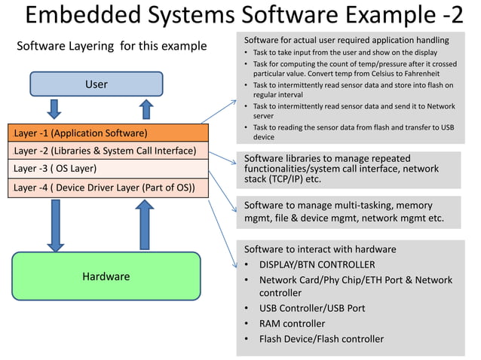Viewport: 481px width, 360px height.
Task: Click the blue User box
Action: (x=96, y=84)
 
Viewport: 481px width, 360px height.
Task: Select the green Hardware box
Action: (x=106, y=276)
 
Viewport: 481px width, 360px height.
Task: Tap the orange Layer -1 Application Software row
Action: (x=107, y=133)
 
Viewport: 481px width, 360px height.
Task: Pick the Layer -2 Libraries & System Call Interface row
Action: (x=107, y=151)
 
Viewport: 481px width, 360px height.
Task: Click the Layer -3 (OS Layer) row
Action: (x=107, y=169)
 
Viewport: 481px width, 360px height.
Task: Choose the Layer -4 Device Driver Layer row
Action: (x=107, y=187)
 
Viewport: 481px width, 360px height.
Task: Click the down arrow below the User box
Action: (x=54, y=109)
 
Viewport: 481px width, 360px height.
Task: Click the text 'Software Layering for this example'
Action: (x=112, y=47)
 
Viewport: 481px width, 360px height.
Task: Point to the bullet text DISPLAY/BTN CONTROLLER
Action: (x=317, y=265)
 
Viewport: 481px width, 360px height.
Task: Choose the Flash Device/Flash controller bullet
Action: (x=321, y=339)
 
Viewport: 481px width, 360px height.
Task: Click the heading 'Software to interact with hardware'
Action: (x=320, y=249)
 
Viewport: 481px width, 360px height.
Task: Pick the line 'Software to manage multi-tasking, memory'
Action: (x=338, y=206)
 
